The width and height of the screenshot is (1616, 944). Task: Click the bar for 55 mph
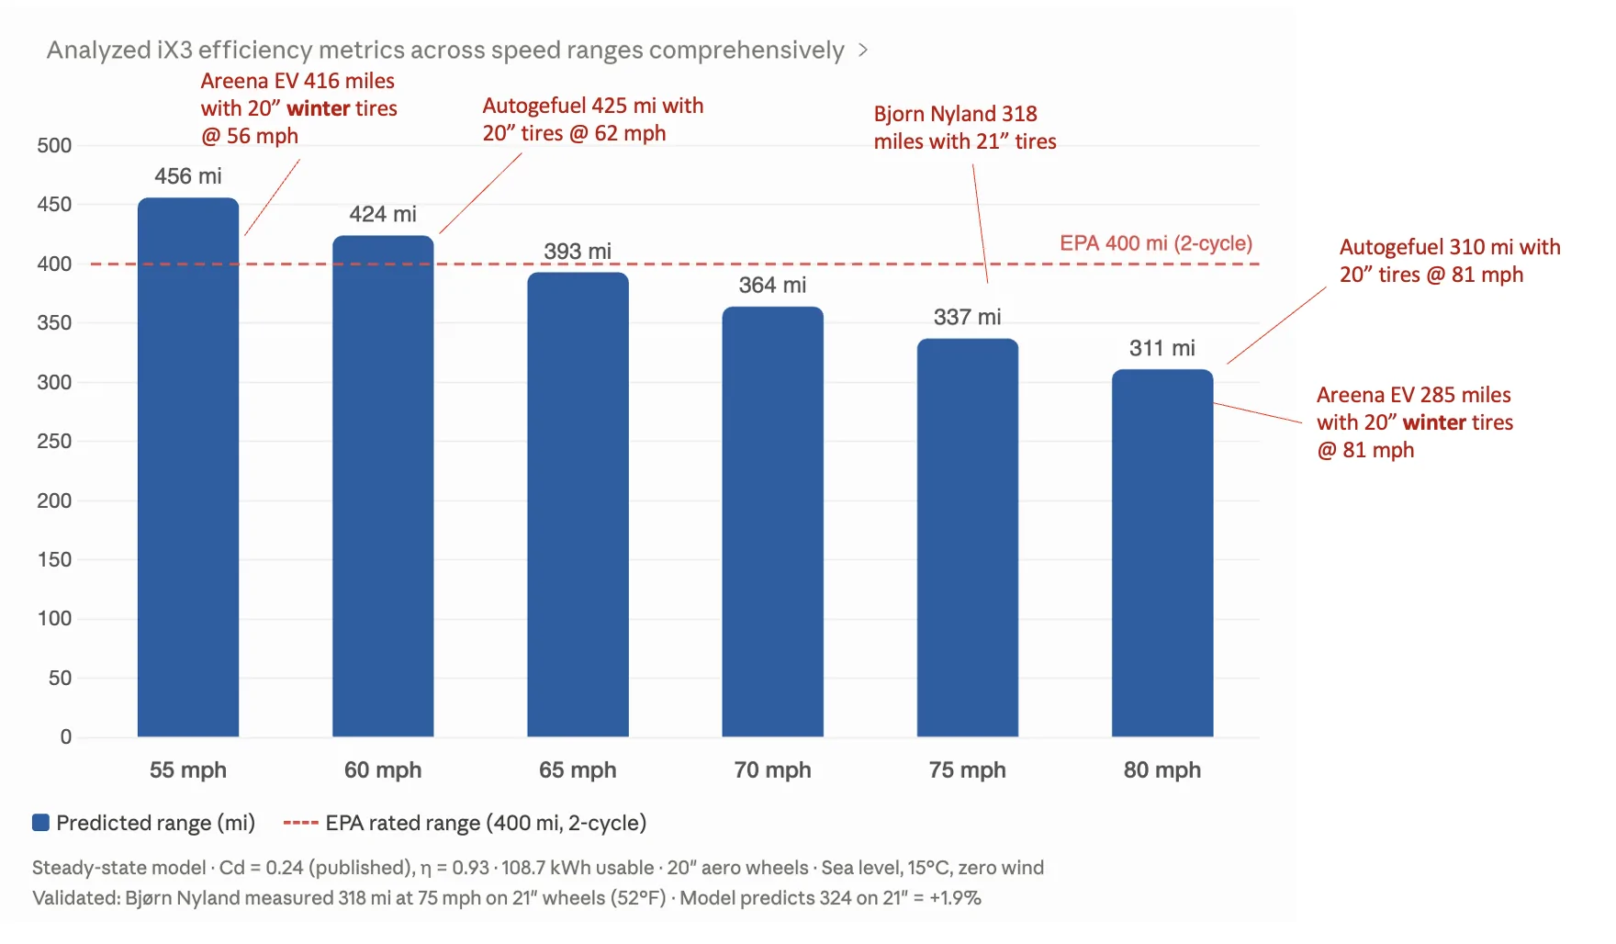tap(188, 467)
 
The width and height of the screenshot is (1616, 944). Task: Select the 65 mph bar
tap(578, 504)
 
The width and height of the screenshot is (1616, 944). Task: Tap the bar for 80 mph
tap(1162, 553)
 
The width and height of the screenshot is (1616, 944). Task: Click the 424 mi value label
tap(383, 214)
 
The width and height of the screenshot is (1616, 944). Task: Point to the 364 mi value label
tap(772, 285)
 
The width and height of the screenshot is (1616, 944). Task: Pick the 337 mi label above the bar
tap(967, 317)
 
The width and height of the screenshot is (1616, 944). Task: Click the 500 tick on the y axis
tap(54, 145)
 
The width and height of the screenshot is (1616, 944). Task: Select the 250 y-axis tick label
tap(54, 441)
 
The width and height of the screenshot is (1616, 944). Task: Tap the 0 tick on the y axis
tap(65, 736)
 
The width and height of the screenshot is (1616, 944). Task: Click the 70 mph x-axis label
tap(772, 770)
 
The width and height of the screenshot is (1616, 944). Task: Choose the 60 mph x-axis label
tap(383, 770)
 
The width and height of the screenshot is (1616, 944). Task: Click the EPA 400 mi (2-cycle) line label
tap(1156, 243)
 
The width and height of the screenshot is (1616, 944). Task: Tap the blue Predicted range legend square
tap(40, 823)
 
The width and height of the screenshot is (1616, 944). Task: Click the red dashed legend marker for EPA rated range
tap(300, 823)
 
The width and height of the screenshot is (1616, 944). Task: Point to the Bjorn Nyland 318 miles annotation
tap(965, 128)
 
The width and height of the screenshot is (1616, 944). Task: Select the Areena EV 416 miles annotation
tap(299, 108)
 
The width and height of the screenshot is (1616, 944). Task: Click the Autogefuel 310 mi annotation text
tap(1450, 261)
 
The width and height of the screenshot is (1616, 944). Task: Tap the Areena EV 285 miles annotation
tap(1415, 422)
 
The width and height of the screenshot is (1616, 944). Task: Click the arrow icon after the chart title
tap(863, 50)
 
